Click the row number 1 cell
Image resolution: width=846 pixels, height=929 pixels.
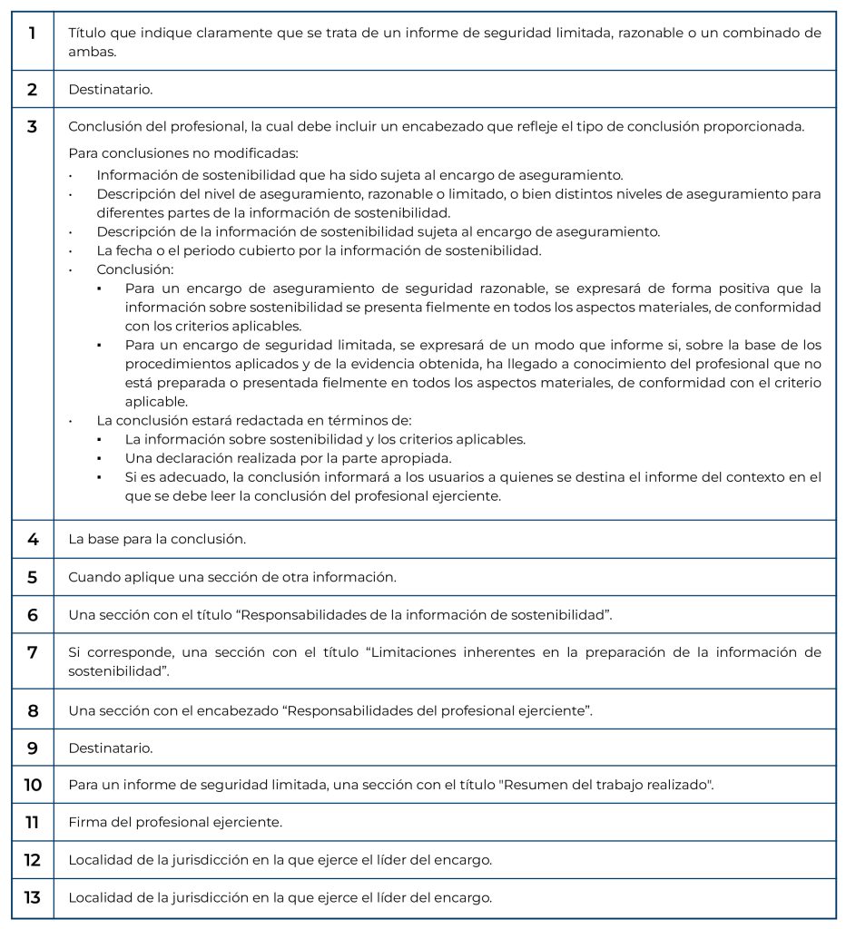tap(33, 34)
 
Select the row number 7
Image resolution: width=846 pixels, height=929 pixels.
tap(33, 652)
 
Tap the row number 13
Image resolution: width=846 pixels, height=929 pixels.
tap(33, 897)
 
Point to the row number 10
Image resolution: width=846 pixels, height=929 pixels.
tap(33, 785)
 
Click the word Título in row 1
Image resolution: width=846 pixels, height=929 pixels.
tap(87, 33)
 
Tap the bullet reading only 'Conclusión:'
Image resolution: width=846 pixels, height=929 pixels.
tap(134, 269)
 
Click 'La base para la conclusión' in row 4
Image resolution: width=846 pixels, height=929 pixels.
tap(157, 539)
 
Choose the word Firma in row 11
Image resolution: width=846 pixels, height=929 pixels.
tap(87, 823)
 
